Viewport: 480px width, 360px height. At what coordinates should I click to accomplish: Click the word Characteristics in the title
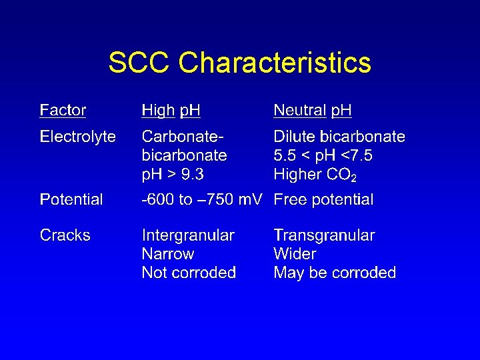click(x=275, y=63)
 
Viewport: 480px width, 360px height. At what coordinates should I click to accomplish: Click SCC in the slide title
click(x=140, y=63)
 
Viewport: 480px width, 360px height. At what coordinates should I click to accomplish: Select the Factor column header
click(x=63, y=110)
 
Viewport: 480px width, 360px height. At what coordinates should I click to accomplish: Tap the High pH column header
click(x=171, y=110)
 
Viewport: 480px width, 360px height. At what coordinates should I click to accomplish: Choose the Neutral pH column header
click(x=313, y=110)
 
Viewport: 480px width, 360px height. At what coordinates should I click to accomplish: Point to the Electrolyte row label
click(x=77, y=137)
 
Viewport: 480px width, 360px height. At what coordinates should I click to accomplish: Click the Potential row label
click(x=71, y=199)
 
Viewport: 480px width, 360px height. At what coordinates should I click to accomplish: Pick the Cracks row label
click(x=65, y=235)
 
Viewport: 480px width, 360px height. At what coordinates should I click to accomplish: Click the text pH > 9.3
click(x=173, y=175)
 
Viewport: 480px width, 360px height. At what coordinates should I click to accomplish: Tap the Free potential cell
click(x=323, y=199)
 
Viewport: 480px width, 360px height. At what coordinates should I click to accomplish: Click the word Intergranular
click(x=188, y=235)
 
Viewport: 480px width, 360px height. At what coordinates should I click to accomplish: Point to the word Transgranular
click(x=324, y=235)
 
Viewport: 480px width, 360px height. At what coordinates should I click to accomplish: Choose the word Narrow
click(x=168, y=254)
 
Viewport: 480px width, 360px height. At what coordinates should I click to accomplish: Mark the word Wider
click(x=295, y=254)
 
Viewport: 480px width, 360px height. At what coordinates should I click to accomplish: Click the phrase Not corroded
click(x=189, y=273)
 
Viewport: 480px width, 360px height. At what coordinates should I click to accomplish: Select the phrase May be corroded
click(x=335, y=273)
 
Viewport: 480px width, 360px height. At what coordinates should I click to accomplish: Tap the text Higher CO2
click(x=315, y=175)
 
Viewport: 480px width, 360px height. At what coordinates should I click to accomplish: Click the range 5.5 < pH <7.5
click(x=323, y=155)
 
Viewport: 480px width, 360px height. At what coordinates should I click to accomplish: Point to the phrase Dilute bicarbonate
click(x=339, y=137)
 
